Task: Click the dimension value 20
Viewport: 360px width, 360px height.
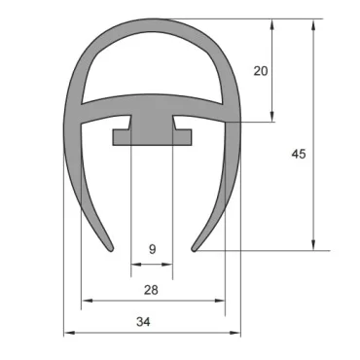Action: click(x=258, y=70)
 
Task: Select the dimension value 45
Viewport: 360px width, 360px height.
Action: click(x=299, y=153)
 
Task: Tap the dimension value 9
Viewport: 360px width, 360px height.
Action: click(x=152, y=249)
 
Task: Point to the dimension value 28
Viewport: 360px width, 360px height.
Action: click(x=152, y=290)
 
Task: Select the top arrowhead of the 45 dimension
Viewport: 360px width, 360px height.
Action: click(x=313, y=23)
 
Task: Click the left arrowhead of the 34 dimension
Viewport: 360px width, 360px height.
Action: click(x=68, y=333)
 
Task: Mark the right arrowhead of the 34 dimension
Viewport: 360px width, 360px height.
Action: click(x=236, y=333)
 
